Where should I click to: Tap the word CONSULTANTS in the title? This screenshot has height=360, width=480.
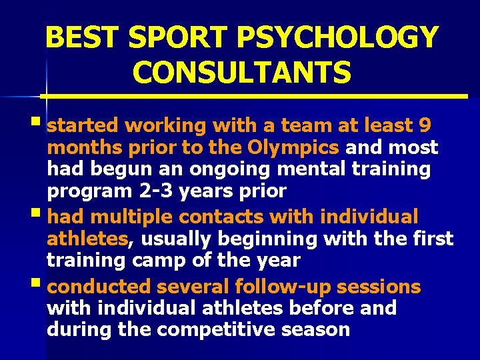click(x=241, y=71)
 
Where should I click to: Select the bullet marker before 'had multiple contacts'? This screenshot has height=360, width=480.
click(x=41, y=214)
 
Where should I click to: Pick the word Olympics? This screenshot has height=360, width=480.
click(x=303, y=147)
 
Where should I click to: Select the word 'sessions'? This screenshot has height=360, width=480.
click(x=379, y=287)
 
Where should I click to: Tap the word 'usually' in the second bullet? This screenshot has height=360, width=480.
click(x=171, y=239)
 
